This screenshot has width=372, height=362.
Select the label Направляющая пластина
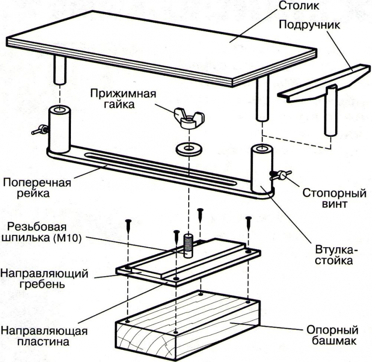tap(44, 335)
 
